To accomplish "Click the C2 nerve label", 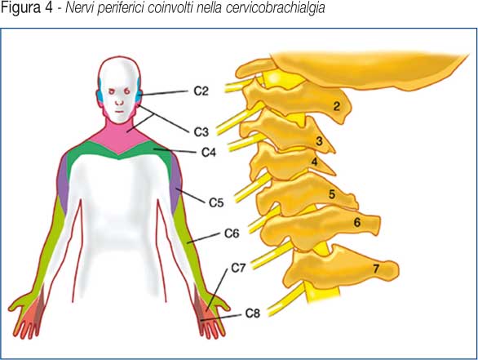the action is [x=201, y=91].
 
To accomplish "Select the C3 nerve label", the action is [x=201, y=132].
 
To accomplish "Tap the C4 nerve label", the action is [x=209, y=152].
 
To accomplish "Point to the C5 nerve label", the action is [x=216, y=202].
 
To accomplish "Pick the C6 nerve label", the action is [x=232, y=233].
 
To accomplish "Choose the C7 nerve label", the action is [x=238, y=269].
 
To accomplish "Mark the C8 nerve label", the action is [x=253, y=313].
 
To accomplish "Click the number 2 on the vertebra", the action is [x=337, y=106].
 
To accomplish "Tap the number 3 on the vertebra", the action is [x=319, y=141].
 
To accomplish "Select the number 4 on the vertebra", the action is [x=314, y=162].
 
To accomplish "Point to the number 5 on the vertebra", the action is [x=332, y=194].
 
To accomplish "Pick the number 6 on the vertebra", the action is [x=357, y=222].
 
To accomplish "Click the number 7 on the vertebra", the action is [x=376, y=269].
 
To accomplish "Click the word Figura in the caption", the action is [x=21, y=7].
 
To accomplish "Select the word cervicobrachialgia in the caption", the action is [x=275, y=7].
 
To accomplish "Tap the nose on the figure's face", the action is [x=119, y=102].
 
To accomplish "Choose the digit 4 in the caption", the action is [x=50, y=7].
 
